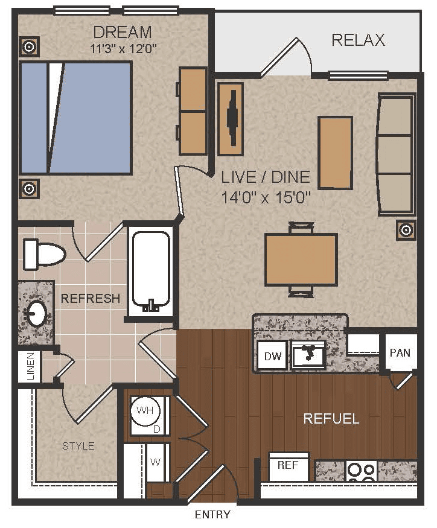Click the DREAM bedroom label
pos(123,33)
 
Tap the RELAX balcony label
pos(358,40)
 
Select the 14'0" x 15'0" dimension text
pos(266,197)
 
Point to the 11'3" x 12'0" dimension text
pos(124,49)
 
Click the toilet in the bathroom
pos(44,254)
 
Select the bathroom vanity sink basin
pos(36,313)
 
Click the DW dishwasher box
pos(273,356)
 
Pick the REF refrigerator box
pos(289,466)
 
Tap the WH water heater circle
pos(145,410)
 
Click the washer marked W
pos(156,462)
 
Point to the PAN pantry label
pos(400,353)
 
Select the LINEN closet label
pos(31,366)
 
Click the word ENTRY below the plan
pos(212,515)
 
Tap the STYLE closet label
pos(78,446)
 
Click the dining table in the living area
pos(301,259)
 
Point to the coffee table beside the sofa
pos(336,153)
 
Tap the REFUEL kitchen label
pos(331,419)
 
